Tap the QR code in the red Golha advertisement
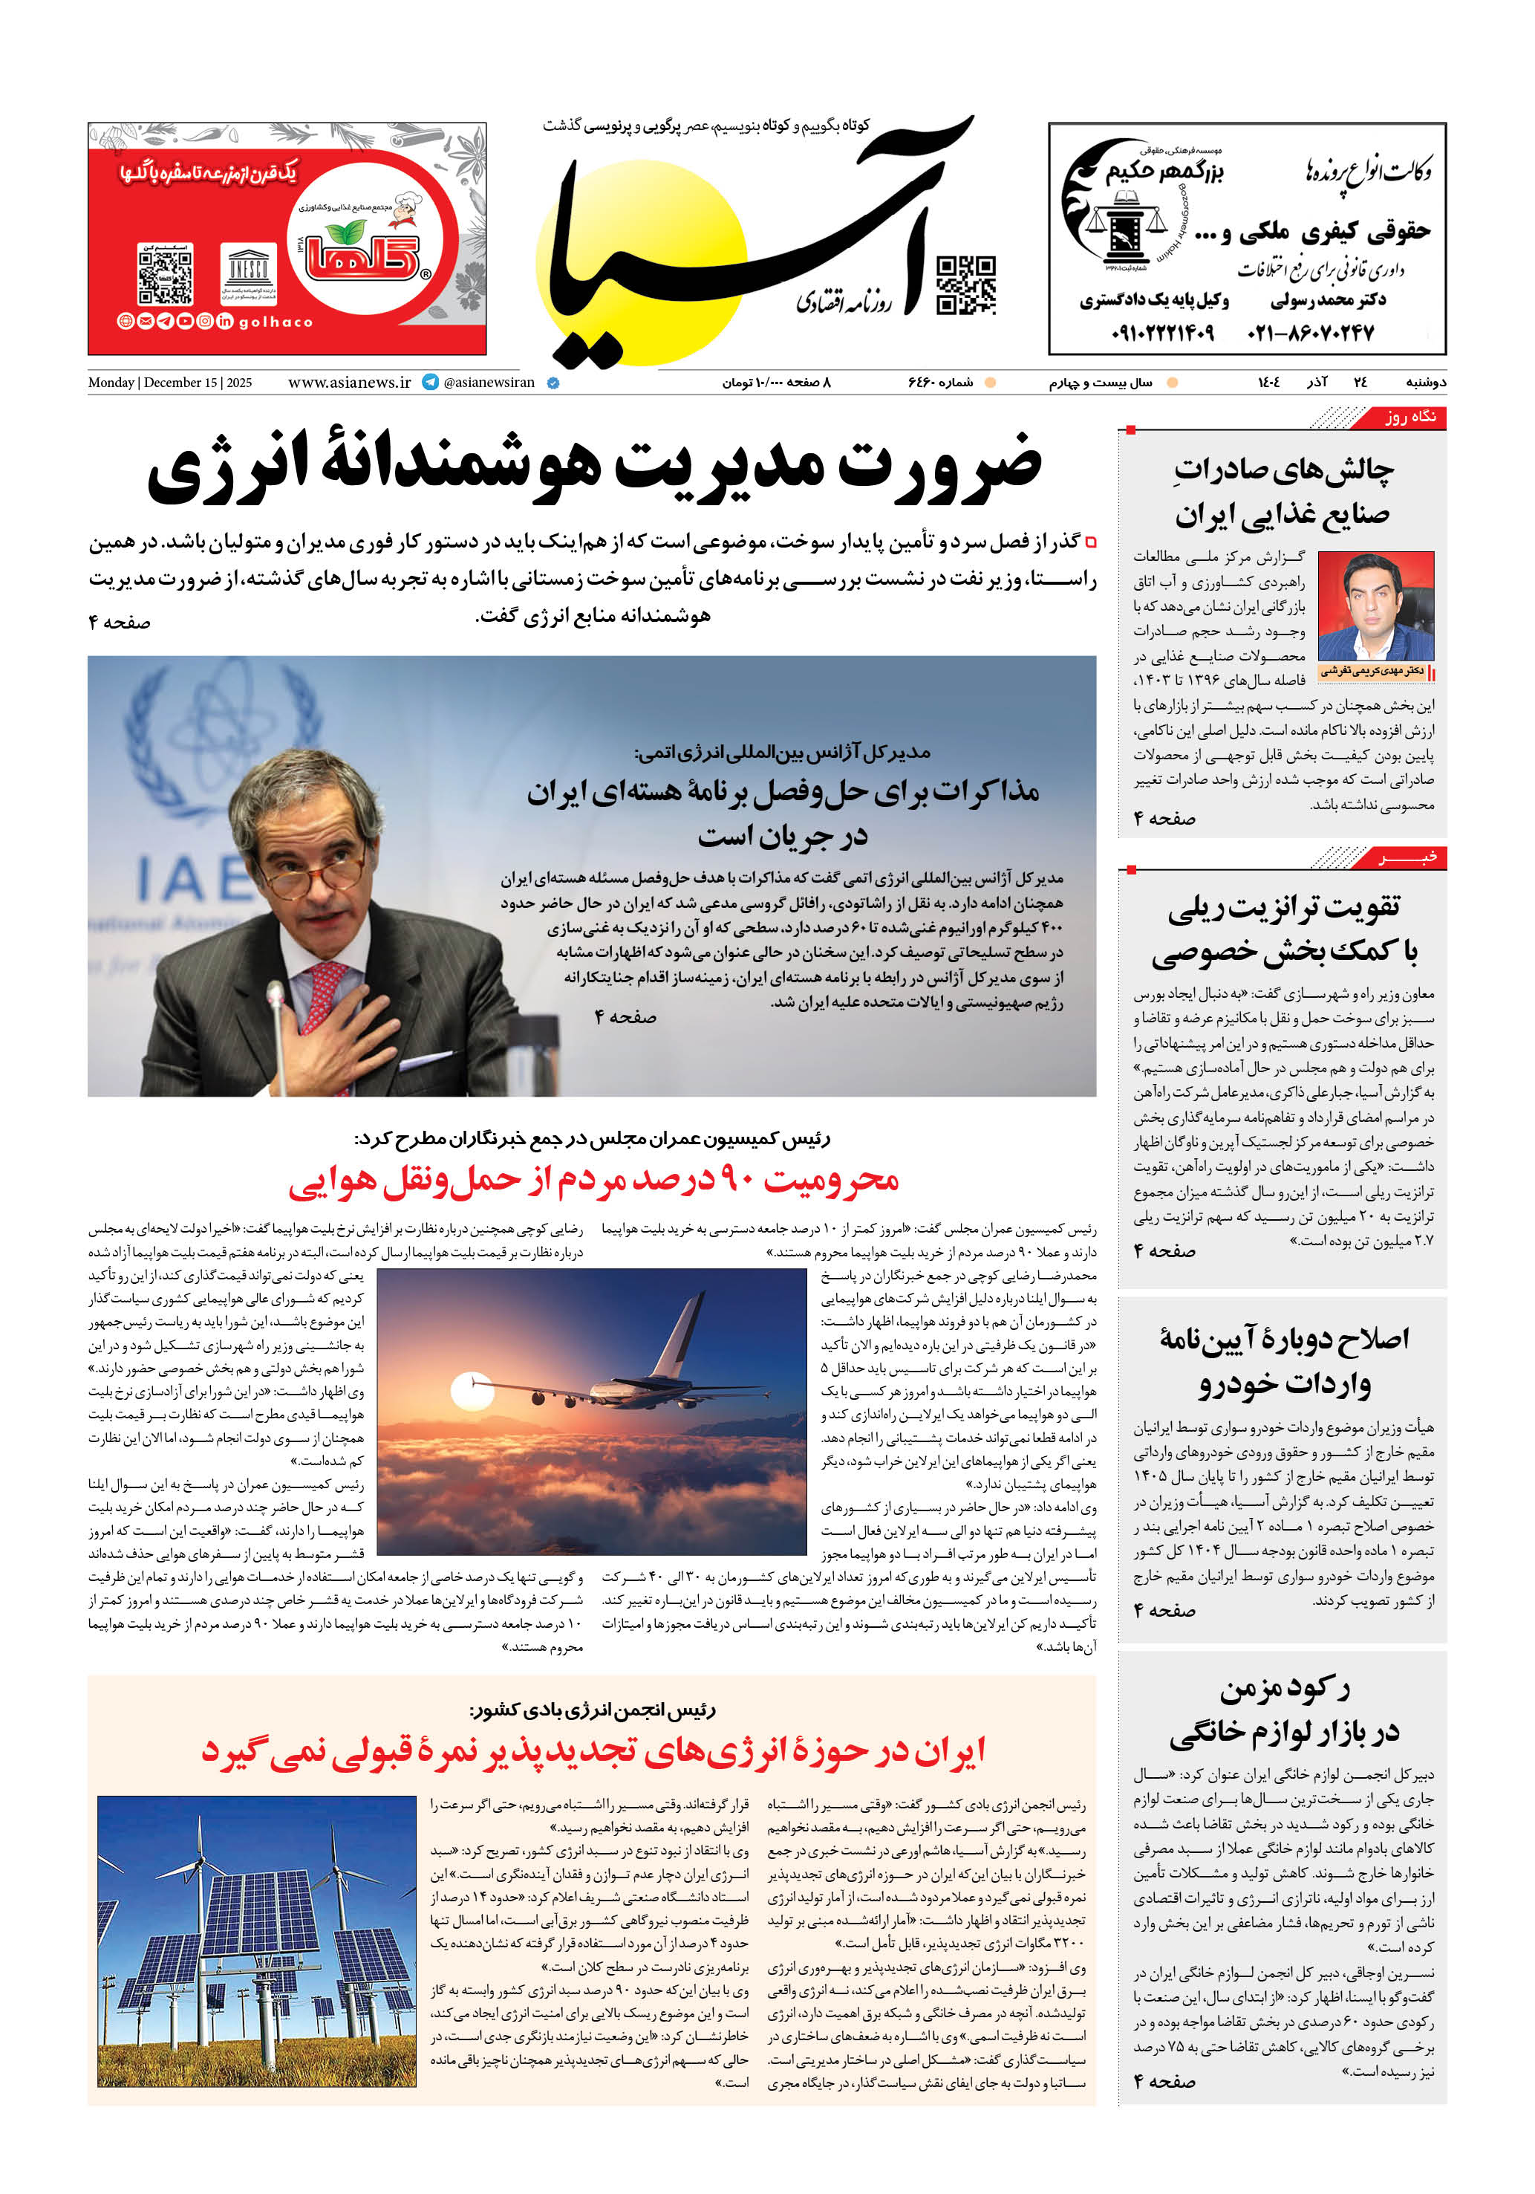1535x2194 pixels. (x=166, y=274)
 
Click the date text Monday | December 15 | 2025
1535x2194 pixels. (x=170, y=382)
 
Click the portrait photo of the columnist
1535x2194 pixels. (x=1375, y=607)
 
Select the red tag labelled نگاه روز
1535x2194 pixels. (x=1408, y=417)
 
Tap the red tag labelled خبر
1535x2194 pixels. (x=1408, y=857)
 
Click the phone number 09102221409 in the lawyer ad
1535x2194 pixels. (x=1161, y=333)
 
